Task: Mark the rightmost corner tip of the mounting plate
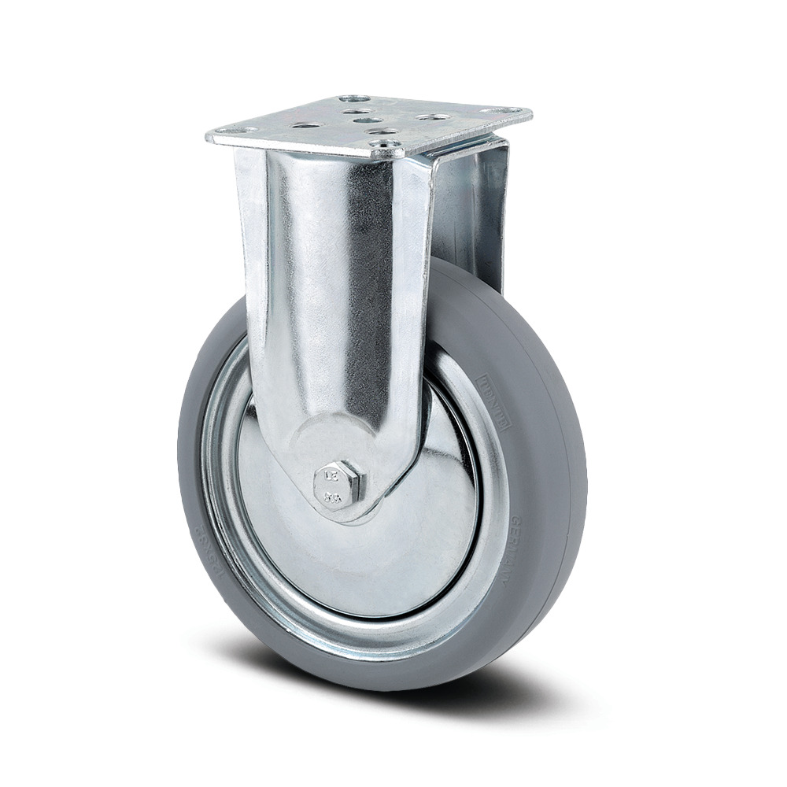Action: point(531,112)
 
